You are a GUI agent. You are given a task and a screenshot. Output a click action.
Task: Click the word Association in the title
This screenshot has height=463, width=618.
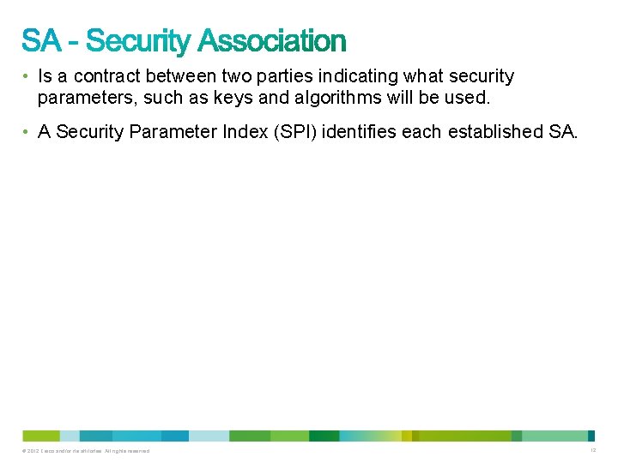272,40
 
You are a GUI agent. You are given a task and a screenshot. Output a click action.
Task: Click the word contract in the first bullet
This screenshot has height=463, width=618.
104,76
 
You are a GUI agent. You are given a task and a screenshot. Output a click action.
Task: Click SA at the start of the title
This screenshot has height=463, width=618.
41,40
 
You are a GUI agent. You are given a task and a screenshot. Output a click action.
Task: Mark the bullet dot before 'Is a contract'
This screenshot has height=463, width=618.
27,77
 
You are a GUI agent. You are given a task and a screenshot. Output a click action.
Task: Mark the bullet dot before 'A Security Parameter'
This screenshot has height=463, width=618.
27,133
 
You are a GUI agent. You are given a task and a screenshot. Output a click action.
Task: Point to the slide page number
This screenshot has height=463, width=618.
592,450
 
